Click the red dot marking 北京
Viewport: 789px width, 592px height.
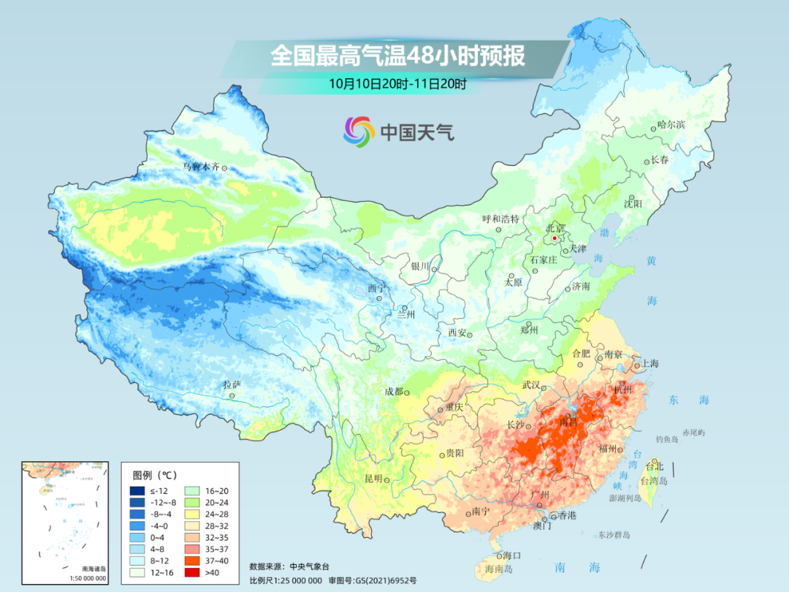pyautogui.click(x=554, y=238)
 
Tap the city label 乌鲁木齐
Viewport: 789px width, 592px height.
pyautogui.click(x=200, y=167)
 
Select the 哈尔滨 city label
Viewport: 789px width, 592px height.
pyautogui.click(x=671, y=125)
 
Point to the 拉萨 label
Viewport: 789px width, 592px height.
pyautogui.click(x=232, y=384)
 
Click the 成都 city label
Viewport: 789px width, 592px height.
pyautogui.click(x=394, y=391)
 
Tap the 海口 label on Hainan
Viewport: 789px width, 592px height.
pyautogui.click(x=513, y=556)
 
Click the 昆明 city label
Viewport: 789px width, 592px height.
pyautogui.click(x=373, y=479)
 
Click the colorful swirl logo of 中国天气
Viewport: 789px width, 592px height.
pyautogui.click(x=359, y=131)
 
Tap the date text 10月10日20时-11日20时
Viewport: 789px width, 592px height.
pyautogui.click(x=397, y=83)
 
